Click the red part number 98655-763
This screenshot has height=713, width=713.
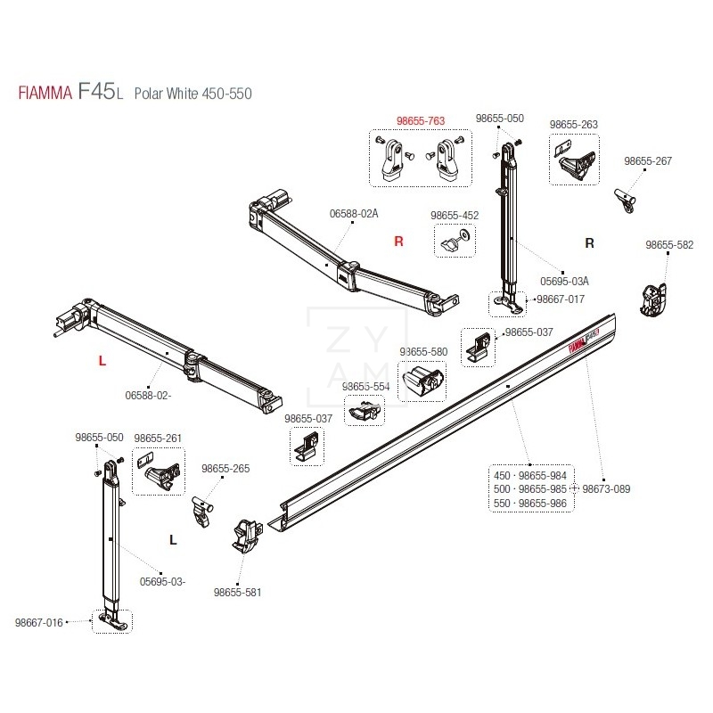pos(421,121)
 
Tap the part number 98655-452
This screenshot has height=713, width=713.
pos(455,216)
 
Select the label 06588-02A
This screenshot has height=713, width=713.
pos(354,214)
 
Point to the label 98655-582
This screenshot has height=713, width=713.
pos(669,245)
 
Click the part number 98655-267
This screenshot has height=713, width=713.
pos(648,161)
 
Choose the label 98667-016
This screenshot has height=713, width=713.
pos(39,622)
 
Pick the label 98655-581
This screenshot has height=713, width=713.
pos(238,593)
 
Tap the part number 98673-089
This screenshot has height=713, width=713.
pos(606,489)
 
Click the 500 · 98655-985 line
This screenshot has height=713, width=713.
pos(530,489)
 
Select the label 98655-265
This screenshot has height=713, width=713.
pos(225,469)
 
